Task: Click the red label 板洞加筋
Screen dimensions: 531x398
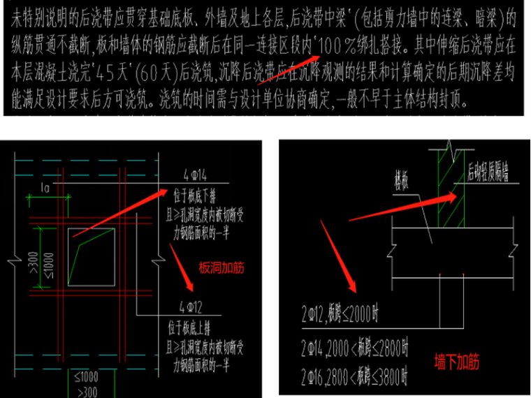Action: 222,266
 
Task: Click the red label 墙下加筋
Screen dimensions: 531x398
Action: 456,362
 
